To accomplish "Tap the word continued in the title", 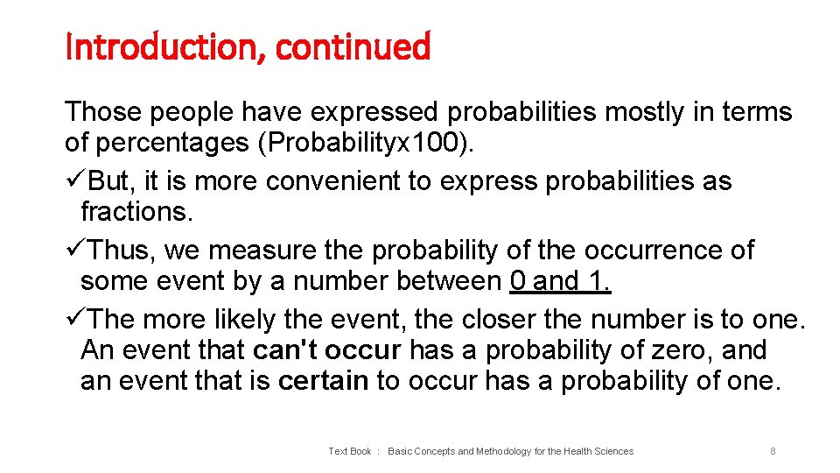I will click(353, 47).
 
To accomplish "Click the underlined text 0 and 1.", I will click(560, 281).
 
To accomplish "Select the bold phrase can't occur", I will click(326, 350).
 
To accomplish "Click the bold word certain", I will click(323, 381).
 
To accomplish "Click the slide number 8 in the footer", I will click(773, 451).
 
